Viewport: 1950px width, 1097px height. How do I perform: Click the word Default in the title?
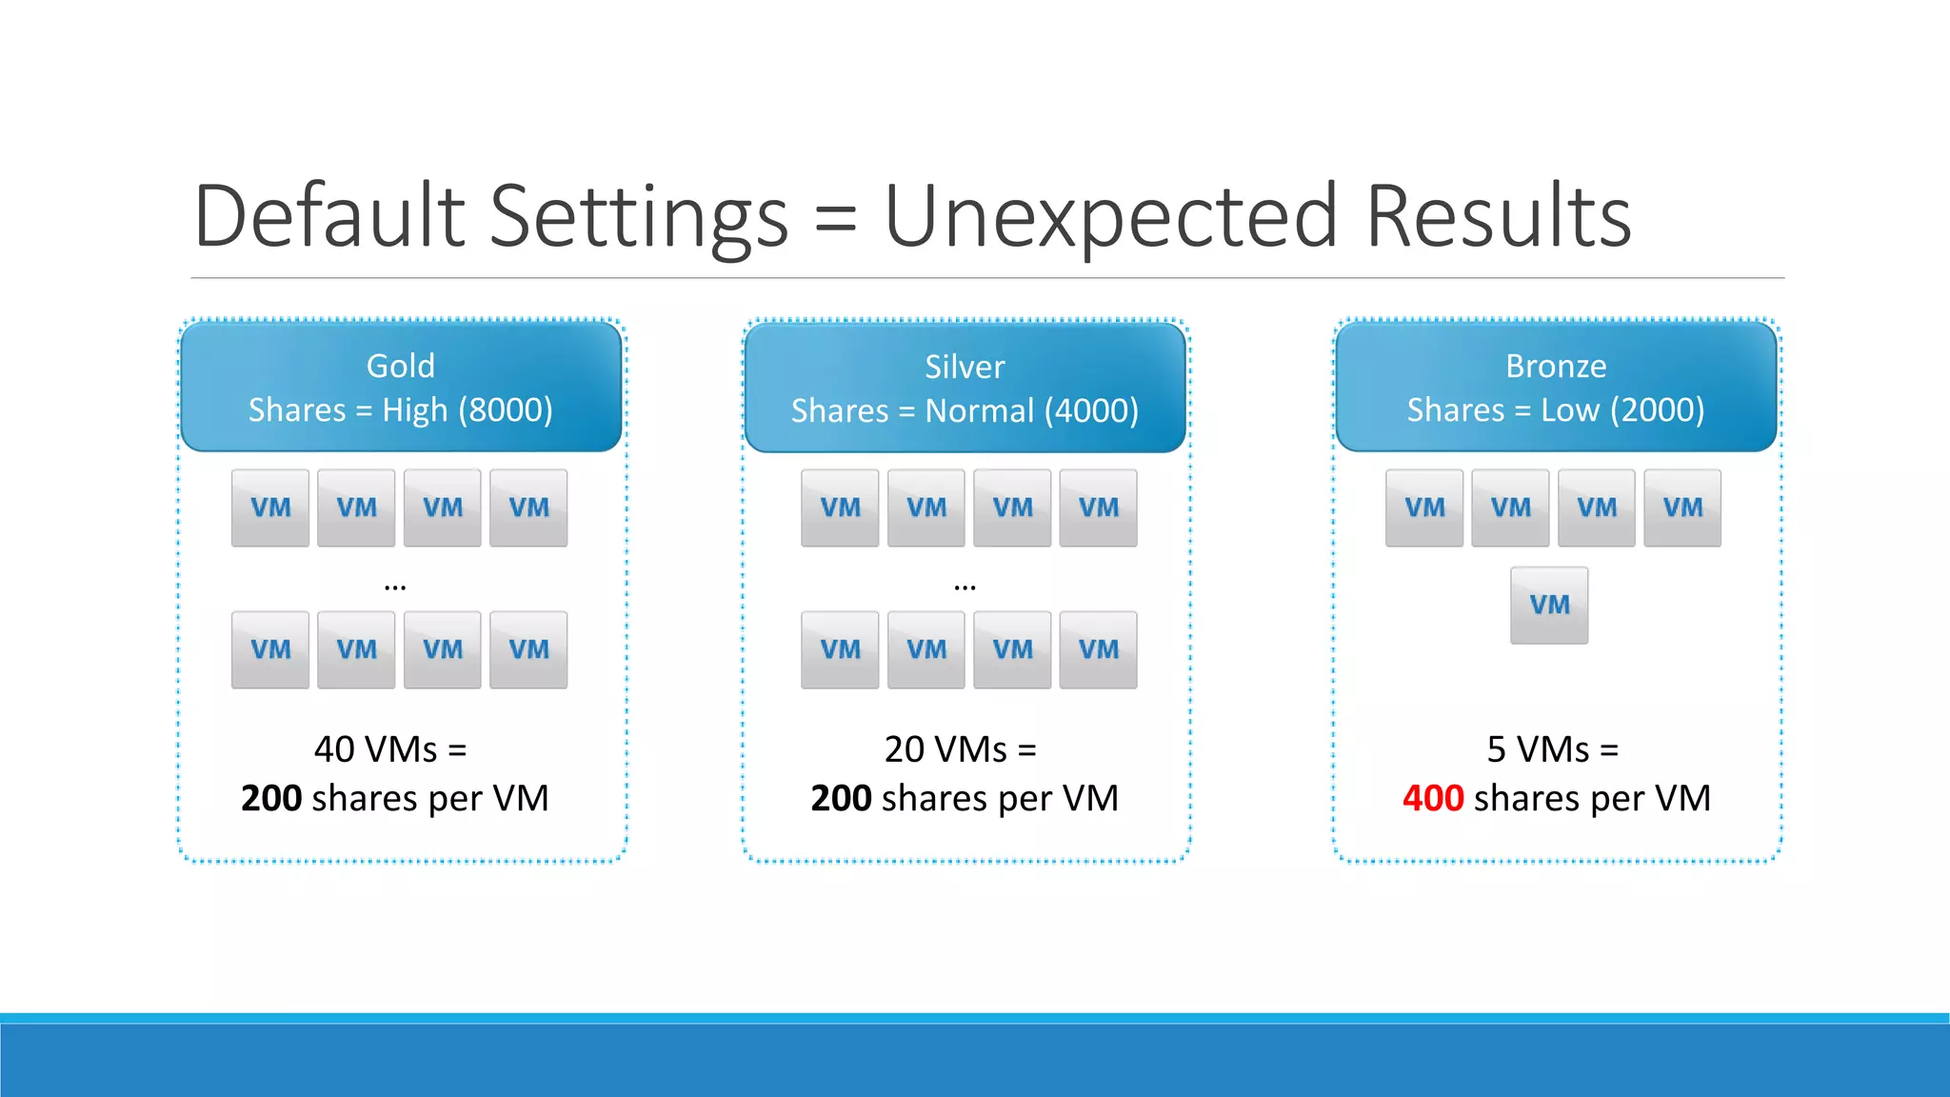[x=329, y=217]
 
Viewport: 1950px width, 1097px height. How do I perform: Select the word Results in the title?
[x=1499, y=217]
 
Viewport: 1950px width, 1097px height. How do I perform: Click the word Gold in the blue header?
[x=401, y=366]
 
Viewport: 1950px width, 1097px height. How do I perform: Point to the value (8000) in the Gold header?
[x=506, y=410]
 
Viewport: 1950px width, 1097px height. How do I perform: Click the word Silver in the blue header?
[x=965, y=367]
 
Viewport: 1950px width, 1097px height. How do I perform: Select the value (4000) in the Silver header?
[x=1091, y=411]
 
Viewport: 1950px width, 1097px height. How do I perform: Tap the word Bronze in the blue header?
[x=1556, y=366]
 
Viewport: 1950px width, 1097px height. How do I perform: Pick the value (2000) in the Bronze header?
[x=1657, y=410]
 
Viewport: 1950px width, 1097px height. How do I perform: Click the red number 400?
[x=1433, y=798]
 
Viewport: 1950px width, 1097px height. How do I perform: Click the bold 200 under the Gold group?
[x=271, y=798]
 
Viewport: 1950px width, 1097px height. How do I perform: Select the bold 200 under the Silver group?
[x=841, y=798]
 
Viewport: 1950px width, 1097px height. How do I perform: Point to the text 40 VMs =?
[x=390, y=749]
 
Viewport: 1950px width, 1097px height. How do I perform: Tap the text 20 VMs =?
[x=960, y=749]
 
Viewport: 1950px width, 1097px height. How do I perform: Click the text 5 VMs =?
[x=1552, y=749]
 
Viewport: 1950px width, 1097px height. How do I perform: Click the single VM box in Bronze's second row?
[x=1549, y=605]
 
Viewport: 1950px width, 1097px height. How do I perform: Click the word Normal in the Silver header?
[x=979, y=411]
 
